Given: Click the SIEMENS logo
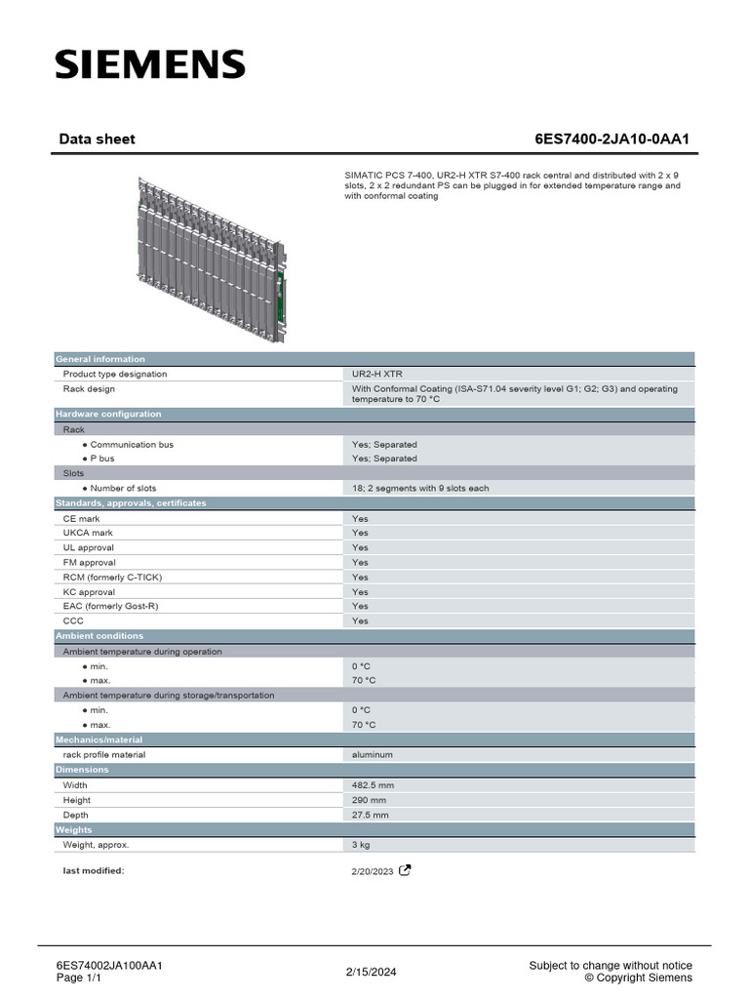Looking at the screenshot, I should [x=150, y=65].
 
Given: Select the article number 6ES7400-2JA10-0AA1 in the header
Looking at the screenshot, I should [x=611, y=139].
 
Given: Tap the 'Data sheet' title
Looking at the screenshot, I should [x=97, y=139].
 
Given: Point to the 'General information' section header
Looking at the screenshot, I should [x=100, y=359].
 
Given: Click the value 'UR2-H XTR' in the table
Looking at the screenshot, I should [x=377, y=374].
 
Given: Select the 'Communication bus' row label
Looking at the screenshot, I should [x=132, y=444].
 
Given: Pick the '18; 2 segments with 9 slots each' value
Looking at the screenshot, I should [x=420, y=488].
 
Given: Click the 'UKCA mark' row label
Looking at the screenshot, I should [x=88, y=533].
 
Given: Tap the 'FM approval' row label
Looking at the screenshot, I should [x=89, y=562].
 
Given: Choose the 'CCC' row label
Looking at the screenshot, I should [x=73, y=620].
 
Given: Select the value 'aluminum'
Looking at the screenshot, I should [x=373, y=754].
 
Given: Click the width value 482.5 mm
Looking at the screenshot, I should [x=374, y=784].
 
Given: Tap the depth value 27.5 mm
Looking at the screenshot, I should [x=371, y=815].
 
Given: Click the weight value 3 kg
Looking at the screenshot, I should [x=361, y=844].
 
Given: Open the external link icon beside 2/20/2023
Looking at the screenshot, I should [x=405, y=870].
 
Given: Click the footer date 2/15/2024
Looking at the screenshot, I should [x=372, y=972].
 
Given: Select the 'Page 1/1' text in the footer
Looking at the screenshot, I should [x=79, y=978].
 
